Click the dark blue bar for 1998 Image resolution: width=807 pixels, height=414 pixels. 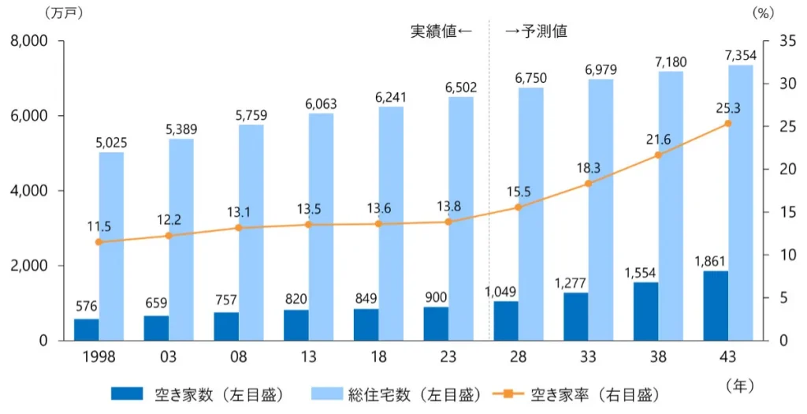coord(87,330)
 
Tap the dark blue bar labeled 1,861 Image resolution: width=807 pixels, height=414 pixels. coord(716,306)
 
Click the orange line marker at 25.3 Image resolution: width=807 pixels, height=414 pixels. coord(728,124)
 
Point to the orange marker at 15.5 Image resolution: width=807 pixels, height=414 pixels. coord(518,207)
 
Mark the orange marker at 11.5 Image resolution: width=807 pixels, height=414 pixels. coord(99,242)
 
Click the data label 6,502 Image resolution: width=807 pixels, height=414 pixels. coord(461,87)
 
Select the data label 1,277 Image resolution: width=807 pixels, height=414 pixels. coord(577,282)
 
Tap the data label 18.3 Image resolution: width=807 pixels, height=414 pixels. coord(588,168)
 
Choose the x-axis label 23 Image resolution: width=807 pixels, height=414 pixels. coord(448,357)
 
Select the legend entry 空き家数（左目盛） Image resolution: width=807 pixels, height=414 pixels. coord(198,393)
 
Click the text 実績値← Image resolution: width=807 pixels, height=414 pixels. coord(441,32)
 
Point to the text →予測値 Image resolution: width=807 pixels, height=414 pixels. coord(537,32)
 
